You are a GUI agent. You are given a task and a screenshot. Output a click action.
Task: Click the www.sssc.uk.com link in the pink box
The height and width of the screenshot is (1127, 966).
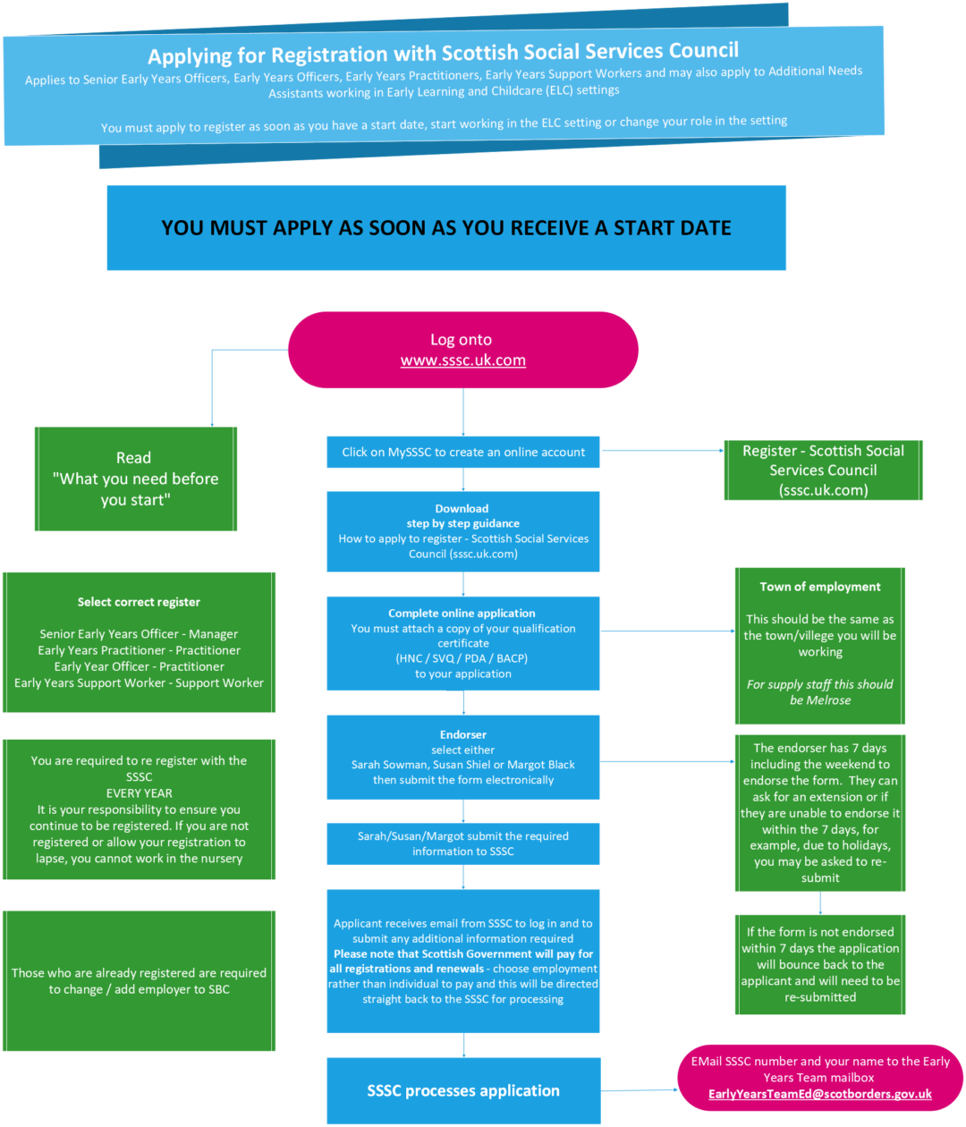coord(462,360)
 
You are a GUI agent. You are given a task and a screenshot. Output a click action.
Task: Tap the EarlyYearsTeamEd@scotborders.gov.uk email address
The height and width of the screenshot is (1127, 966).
coord(819,1094)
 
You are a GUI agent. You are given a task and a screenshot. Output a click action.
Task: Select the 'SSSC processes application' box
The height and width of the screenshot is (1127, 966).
coord(463,1090)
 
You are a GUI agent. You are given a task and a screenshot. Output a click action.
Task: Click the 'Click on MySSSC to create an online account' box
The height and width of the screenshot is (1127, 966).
coord(463,453)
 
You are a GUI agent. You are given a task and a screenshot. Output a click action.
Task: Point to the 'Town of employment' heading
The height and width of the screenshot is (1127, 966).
coord(820,587)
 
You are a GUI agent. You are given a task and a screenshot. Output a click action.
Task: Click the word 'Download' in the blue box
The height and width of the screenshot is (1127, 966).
coord(462,508)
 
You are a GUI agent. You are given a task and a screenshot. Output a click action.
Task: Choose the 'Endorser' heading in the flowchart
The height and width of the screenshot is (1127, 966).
coord(463,734)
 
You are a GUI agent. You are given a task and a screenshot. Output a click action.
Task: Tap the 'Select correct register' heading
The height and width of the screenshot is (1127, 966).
coord(139,602)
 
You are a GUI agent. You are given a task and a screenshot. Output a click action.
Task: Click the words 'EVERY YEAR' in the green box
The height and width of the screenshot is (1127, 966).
coord(140,792)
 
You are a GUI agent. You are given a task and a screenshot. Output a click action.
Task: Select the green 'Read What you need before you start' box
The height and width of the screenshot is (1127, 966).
coord(136,479)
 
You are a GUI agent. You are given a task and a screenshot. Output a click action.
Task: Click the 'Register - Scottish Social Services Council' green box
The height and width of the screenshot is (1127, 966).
coord(823,470)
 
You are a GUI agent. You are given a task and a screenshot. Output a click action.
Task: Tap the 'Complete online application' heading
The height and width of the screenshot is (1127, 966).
coord(462,613)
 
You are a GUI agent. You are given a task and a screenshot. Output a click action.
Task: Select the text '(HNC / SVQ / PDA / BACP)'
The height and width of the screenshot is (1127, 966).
coord(462,658)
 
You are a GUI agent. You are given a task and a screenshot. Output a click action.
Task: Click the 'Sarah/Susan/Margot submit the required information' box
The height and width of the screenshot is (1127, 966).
coord(463,843)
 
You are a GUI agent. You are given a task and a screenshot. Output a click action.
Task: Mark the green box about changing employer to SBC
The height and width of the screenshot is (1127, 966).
coord(140,981)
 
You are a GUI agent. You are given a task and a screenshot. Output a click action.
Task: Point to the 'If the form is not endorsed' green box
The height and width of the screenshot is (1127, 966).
coord(820,964)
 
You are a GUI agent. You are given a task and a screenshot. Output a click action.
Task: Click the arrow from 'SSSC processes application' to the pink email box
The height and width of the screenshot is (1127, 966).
coord(639,1090)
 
